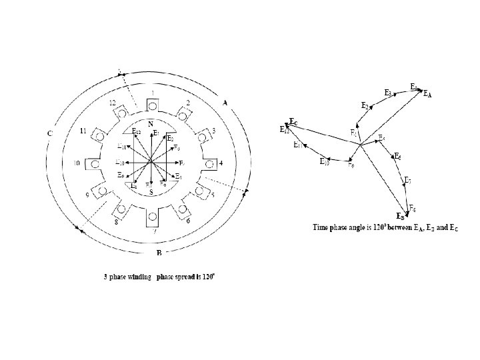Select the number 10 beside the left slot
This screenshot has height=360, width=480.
(x=77, y=163)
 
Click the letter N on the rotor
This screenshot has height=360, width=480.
(x=151, y=124)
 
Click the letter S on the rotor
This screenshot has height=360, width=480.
(x=152, y=192)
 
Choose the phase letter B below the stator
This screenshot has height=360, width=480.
(x=158, y=253)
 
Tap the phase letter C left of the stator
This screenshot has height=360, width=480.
(x=50, y=133)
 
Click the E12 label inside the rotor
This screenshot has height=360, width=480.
(x=136, y=131)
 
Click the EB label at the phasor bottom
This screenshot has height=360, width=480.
(x=401, y=217)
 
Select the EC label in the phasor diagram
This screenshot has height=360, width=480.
(x=293, y=122)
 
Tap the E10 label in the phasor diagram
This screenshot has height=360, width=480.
(x=325, y=162)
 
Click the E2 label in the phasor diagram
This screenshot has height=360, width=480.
(x=365, y=106)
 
